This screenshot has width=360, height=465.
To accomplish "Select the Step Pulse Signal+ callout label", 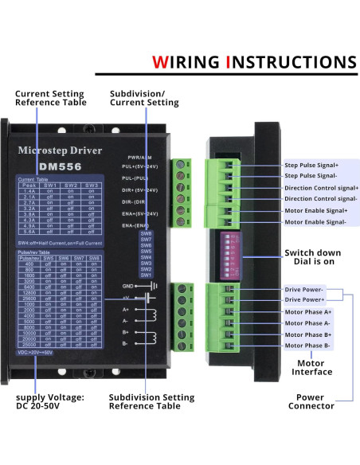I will [x=311, y=165].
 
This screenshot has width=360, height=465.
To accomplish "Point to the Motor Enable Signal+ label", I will [x=315, y=210].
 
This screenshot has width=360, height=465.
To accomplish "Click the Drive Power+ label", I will [x=306, y=300].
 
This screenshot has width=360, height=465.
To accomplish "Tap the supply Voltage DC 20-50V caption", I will [x=49, y=401].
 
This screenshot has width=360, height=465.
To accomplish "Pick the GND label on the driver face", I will [x=127, y=285].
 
